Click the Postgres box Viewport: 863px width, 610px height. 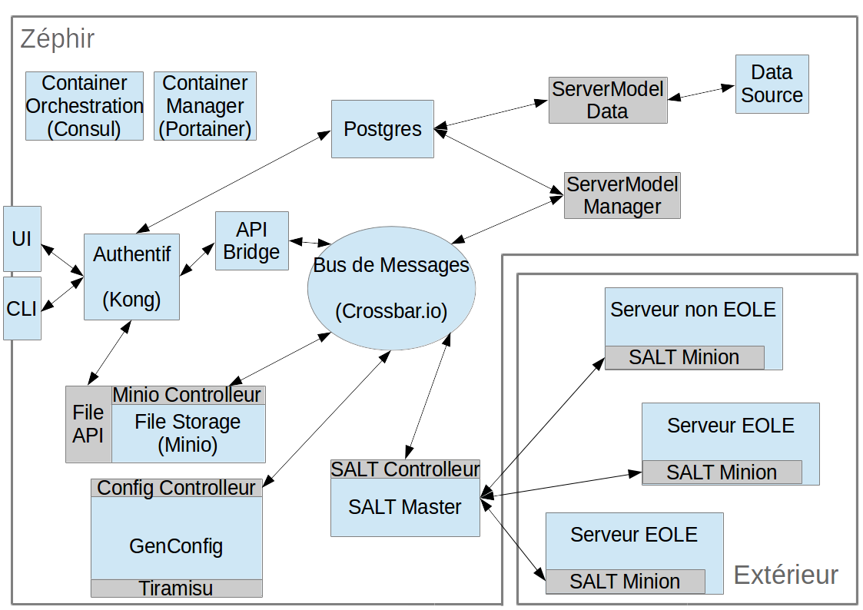click(x=383, y=129)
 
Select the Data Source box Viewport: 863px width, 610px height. click(x=772, y=85)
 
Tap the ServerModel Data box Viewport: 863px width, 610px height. click(x=607, y=100)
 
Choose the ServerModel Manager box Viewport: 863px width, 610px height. click(x=622, y=195)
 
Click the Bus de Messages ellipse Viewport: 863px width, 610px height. click(x=391, y=287)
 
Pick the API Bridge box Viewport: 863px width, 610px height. click(x=251, y=240)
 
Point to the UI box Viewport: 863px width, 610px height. click(x=22, y=238)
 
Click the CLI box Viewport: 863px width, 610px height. click(x=22, y=308)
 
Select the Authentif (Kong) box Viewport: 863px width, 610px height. click(x=131, y=277)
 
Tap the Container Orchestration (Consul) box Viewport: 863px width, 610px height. click(x=85, y=106)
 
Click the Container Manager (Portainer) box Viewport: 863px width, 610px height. click(x=205, y=106)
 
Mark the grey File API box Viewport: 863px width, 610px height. click(x=88, y=423)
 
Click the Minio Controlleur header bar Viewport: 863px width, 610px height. click(x=188, y=395)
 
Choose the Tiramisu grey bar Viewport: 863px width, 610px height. click(x=176, y=588)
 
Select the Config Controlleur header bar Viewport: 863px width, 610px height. click(x=176, y=487)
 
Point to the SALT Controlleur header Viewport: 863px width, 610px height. click(x=405, y=469)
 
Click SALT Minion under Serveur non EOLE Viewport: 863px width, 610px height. click(x=684, y=357)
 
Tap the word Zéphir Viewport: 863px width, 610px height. click(x=57, y=38)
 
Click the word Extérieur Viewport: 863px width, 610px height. click(x=785, y=574)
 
